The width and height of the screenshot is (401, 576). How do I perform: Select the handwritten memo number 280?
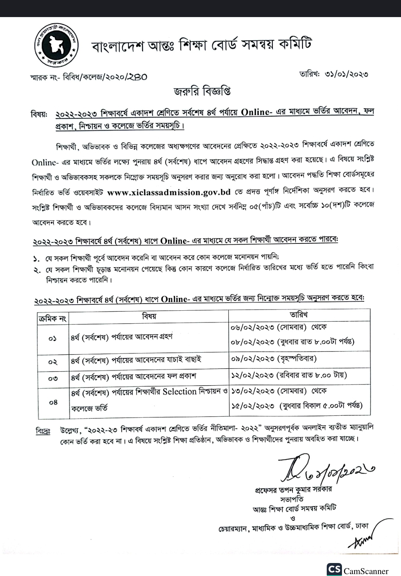137,77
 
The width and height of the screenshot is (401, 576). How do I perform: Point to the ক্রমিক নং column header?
52,318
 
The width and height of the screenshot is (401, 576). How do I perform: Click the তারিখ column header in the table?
299,315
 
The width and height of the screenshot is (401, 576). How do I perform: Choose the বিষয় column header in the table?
149,316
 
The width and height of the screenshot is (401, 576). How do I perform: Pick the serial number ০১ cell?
52,338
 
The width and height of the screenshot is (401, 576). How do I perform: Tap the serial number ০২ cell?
52,361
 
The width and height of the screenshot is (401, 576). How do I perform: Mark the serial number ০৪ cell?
53,402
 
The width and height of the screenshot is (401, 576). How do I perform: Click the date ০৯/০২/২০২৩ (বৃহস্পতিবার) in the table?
274,359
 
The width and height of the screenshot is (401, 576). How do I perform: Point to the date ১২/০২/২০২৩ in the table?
252,375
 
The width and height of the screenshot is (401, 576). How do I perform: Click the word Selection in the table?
179,392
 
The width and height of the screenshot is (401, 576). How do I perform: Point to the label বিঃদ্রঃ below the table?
43,431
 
